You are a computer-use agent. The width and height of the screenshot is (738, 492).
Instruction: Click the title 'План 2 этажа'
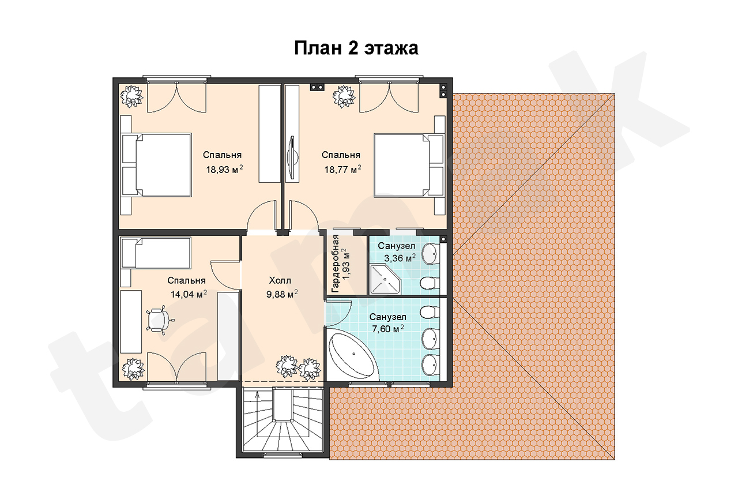(x=356, y=48)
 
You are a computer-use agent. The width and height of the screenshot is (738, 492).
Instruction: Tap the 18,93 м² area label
(x=224, y=169)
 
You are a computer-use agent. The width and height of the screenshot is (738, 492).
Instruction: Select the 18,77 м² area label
(x=342, y=169)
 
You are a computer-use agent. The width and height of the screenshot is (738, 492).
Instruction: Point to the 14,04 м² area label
(x=189, y=294)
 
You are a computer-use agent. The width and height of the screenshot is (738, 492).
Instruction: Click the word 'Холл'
(x=280, y=280)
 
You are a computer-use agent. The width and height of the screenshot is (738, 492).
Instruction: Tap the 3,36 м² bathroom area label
(x=400, y=258)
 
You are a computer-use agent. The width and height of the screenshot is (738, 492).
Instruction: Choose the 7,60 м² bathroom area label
(x=387, y=329)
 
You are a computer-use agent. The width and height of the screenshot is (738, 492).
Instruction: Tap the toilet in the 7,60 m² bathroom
(x=430, y=312)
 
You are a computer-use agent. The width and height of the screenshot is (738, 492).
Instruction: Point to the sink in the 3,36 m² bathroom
(x=431, y=254)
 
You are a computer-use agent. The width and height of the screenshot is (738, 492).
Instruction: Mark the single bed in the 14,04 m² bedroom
(x=156, y=253)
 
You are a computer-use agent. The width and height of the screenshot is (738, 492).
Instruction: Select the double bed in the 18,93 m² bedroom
(x=156, y=165)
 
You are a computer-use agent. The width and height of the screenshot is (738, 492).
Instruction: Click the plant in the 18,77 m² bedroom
(x=345, y=96)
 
